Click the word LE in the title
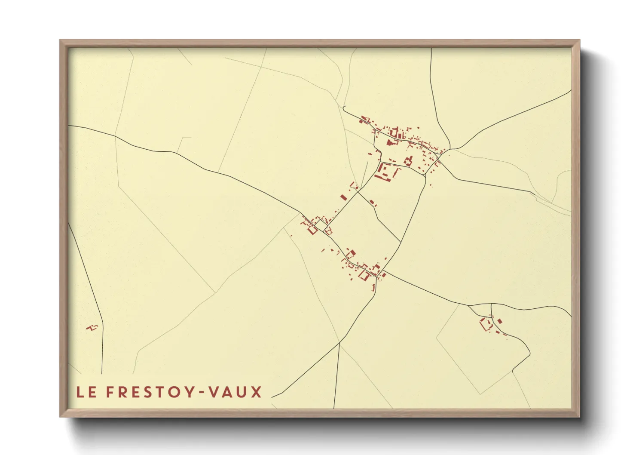click(x=86, y=392)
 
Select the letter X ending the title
click(x=257, y=392)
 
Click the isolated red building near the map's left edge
click(x=92, y=328)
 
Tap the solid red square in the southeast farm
click(x=500, y=321)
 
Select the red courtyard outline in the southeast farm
click(x=486, y=324)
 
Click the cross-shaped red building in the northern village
click(x=408, y=161)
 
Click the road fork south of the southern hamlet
click(x=339, y=343)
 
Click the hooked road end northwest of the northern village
click(x=343, y=107)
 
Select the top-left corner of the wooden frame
click(x=60, y=40)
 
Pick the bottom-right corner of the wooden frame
click(x=579, y=416)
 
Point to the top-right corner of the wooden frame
click(x=579, y=40)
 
